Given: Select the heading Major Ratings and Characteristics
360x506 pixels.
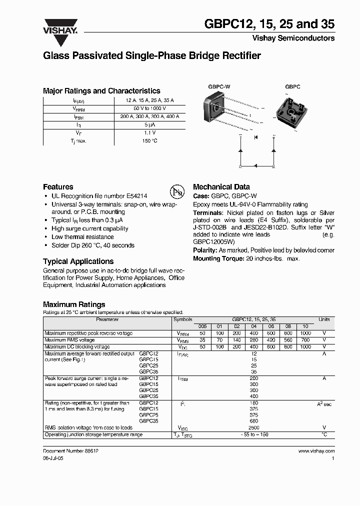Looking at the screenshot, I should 101,91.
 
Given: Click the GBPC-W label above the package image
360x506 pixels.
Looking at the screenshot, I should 219,86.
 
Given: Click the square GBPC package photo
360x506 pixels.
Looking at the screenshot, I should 293,111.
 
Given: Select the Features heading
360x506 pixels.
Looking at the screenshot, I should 58,186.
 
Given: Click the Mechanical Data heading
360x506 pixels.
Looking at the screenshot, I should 221,186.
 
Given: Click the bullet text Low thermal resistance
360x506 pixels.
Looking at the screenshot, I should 82,237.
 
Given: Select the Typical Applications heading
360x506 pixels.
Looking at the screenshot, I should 78,261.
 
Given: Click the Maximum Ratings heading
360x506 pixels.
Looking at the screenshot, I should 74,304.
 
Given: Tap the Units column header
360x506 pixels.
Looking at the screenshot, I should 324,319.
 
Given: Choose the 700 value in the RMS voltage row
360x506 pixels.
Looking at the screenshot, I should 305,340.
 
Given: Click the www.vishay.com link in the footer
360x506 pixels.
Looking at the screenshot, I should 316,450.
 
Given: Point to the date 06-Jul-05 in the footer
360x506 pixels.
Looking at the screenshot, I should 54,458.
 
